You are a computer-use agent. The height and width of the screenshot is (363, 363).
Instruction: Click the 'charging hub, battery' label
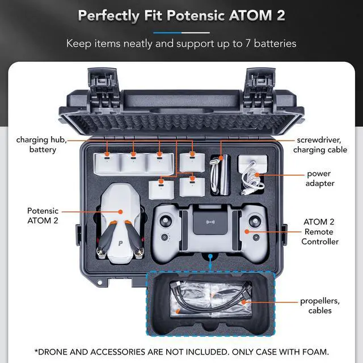pyautogui.click(x=36, y=145)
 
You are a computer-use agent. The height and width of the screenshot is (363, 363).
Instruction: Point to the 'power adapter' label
pyautogui.click(x=319, y=178)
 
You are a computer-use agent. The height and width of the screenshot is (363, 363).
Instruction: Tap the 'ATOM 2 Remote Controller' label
pyautogui.click(x=319, y=232)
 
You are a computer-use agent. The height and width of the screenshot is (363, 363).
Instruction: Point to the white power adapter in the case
pyautogui.click(x=253, y=164)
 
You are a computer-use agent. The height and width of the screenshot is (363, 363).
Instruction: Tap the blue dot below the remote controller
pyautogui.click(x=210, y=256)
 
